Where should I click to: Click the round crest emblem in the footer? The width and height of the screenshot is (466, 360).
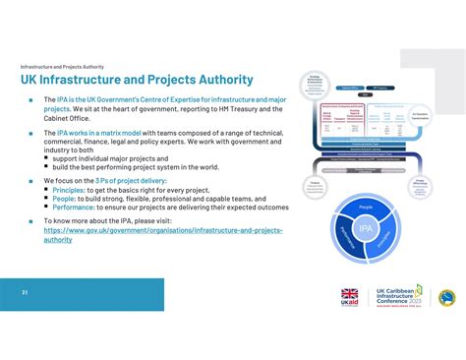tap(446, 297)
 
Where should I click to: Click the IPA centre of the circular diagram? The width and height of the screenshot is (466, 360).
tap(365, 228)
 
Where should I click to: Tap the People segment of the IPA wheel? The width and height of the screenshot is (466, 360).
tap(365, 208)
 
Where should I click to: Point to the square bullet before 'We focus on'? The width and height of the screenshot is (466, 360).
tap(32, 181)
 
